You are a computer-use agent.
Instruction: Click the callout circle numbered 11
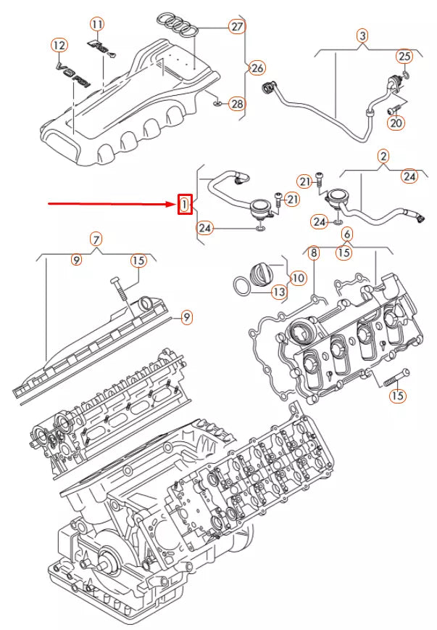tap(97, 24)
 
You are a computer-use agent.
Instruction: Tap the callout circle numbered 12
tap(59, 46)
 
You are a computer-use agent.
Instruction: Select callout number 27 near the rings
tap(237, 27)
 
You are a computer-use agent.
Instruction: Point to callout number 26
tap(257, 68)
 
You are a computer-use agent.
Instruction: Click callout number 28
tap(237, 104)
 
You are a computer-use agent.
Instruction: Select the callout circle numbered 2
tap(383, 155)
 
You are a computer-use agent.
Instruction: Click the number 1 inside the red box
tap(185, 205)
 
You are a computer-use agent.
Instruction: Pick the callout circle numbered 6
tap(346, 234)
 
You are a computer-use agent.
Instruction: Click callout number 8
tap(314, 253)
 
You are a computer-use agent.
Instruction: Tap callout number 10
tap(298, 277)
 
